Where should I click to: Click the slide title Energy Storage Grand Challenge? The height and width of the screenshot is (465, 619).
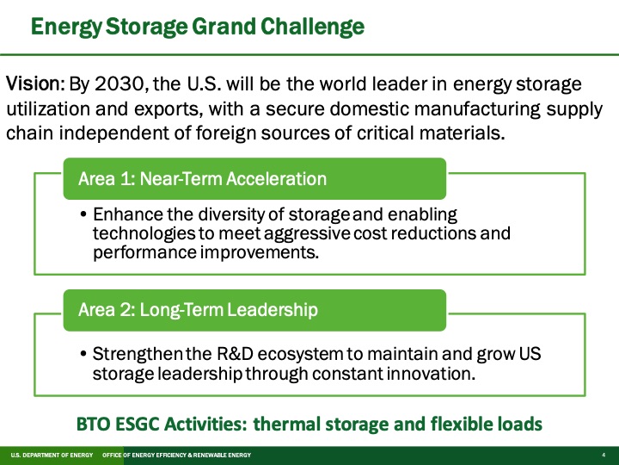[x=197, y=26]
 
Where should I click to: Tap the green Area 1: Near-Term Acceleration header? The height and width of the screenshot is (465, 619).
[x=202, y=179]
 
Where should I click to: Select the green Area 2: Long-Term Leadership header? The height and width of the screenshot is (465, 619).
[x=198, y=309]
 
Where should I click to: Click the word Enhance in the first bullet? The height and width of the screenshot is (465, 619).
[x=124, y=214]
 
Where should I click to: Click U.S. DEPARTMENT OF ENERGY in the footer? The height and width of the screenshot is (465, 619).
[x=46, y=454]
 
